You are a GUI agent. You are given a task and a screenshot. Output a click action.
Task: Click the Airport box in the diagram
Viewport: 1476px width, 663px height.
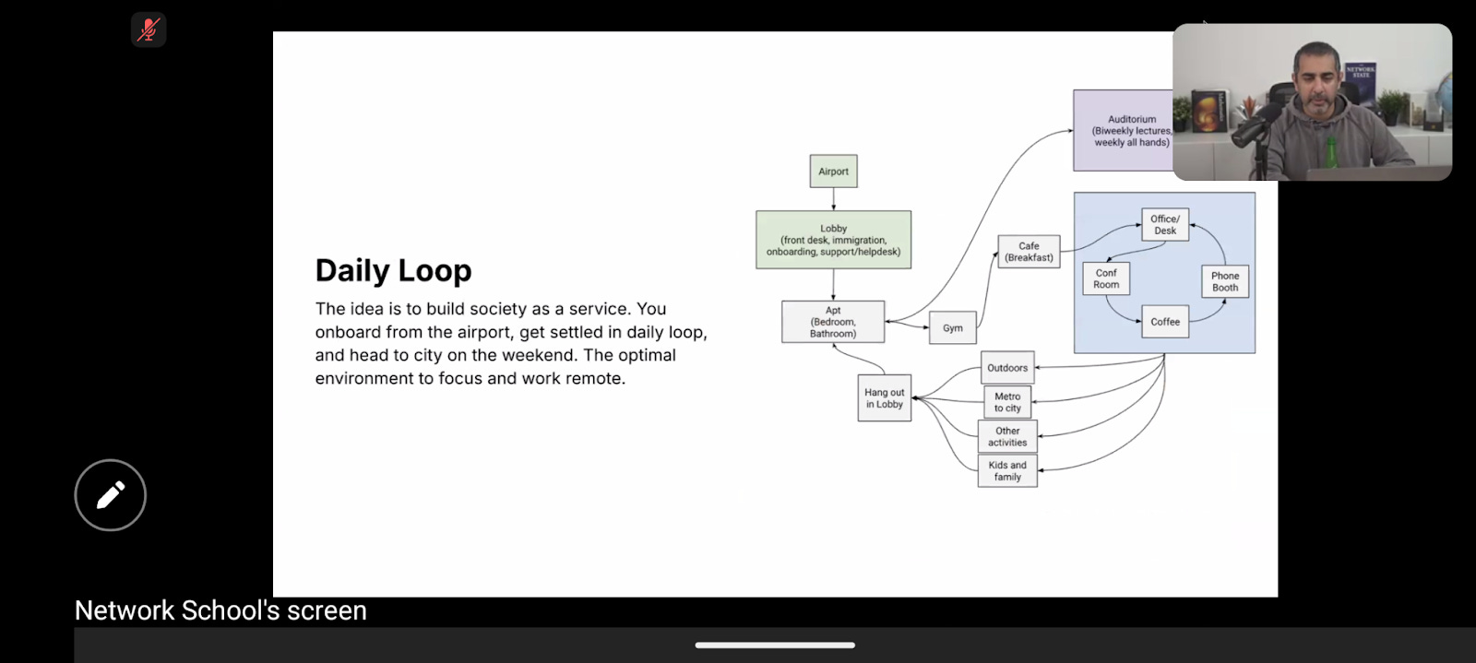[834, 172]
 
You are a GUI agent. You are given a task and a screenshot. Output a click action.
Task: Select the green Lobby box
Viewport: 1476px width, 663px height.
[834, 240]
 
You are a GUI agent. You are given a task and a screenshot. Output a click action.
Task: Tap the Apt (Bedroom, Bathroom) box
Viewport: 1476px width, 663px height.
[833, 322]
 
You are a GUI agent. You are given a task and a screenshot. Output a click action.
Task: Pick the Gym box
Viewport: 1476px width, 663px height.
[953, 328]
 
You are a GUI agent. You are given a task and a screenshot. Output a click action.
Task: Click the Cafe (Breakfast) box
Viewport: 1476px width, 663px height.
[1030, 252]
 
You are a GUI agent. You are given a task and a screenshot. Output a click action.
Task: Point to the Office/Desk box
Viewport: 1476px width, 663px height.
[1165, 224]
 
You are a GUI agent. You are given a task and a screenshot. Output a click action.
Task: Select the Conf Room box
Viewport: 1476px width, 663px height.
[1106, 278]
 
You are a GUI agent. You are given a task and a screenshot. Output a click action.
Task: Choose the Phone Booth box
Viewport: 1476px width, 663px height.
[1225, 282]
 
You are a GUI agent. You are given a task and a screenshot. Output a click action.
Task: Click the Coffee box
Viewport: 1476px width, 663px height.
[1165, 322]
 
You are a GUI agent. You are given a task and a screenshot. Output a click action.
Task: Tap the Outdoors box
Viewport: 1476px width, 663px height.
[1007, 367]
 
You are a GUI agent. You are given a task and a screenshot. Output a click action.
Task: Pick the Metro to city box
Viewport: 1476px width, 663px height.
[1007, 402]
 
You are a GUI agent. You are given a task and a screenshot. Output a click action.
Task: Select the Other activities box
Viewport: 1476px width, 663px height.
[1007, 436]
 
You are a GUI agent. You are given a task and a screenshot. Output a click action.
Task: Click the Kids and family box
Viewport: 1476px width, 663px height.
[1007, 471]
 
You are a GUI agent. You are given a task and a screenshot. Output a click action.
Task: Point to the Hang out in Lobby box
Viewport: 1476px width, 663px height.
[885, 398]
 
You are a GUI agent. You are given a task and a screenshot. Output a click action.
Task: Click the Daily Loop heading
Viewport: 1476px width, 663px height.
[393, 270]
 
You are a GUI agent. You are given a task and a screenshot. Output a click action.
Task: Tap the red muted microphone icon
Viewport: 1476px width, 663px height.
[149, 30]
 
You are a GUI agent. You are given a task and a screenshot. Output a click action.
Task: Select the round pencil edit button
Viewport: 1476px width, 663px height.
[110, 495]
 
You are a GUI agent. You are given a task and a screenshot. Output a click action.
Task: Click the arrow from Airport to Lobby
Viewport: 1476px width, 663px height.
[834, 199]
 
